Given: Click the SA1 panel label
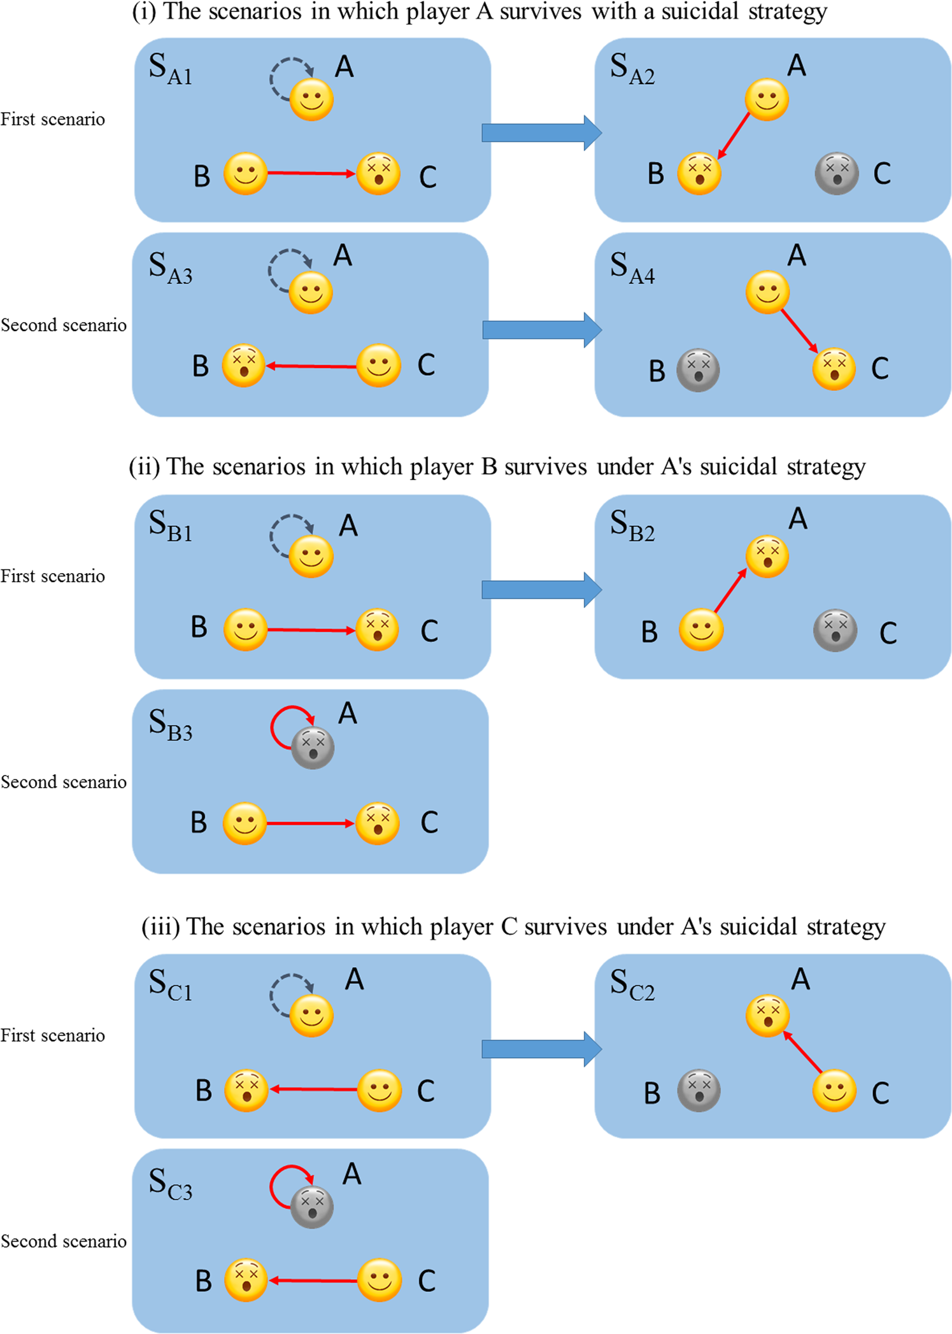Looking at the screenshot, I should pos(170,69).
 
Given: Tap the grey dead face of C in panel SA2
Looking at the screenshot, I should pos(836,173).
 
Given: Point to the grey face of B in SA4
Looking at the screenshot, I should pos(698,370).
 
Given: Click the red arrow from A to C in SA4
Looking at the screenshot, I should pos(800,330).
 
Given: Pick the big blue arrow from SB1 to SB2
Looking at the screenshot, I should pos(541,590).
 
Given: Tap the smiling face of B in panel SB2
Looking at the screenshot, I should pos(700,630).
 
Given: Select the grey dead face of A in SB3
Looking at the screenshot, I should pos(313,748).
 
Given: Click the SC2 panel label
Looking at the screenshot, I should pos(632,985).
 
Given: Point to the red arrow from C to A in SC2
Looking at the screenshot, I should pos(802,1051).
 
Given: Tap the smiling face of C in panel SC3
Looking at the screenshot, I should pos(380,1279).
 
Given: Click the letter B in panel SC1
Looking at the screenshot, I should pos(203,1090).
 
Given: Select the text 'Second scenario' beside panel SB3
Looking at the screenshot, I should pos(64,781).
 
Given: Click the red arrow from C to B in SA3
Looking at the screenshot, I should pos(311,366).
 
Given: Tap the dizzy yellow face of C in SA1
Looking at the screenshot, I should pos(378,173).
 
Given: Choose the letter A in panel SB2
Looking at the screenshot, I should pos(797,519).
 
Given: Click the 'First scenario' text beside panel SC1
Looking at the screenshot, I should pos(53,1035).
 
